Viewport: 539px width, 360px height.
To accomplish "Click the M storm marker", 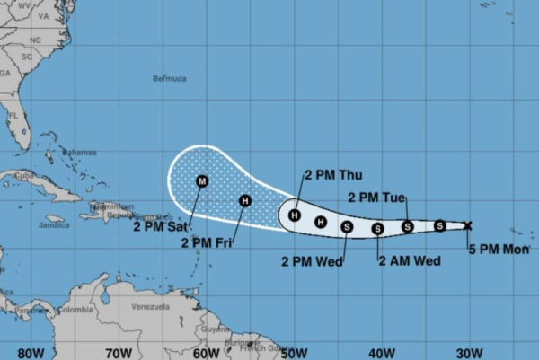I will coord(201,181).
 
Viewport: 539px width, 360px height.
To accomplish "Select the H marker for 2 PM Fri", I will coord(244,201).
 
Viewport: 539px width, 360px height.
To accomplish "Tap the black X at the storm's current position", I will coord(467,225).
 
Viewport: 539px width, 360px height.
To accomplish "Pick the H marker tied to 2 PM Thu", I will coord(294,215).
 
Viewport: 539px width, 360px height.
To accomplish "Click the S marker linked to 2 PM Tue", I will coord(407,227).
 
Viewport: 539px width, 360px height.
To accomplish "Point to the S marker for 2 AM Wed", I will coord(377,229).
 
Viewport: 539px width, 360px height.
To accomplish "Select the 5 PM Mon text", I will coord(495,250).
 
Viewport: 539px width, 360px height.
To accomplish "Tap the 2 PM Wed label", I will coord(307,262).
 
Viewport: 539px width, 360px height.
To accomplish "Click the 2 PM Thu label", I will coord(331,174).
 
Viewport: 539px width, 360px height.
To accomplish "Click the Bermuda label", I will coord(170,78).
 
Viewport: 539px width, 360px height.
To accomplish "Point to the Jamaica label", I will coord(54,225).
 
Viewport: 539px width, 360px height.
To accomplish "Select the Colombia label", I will coord(77,310).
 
